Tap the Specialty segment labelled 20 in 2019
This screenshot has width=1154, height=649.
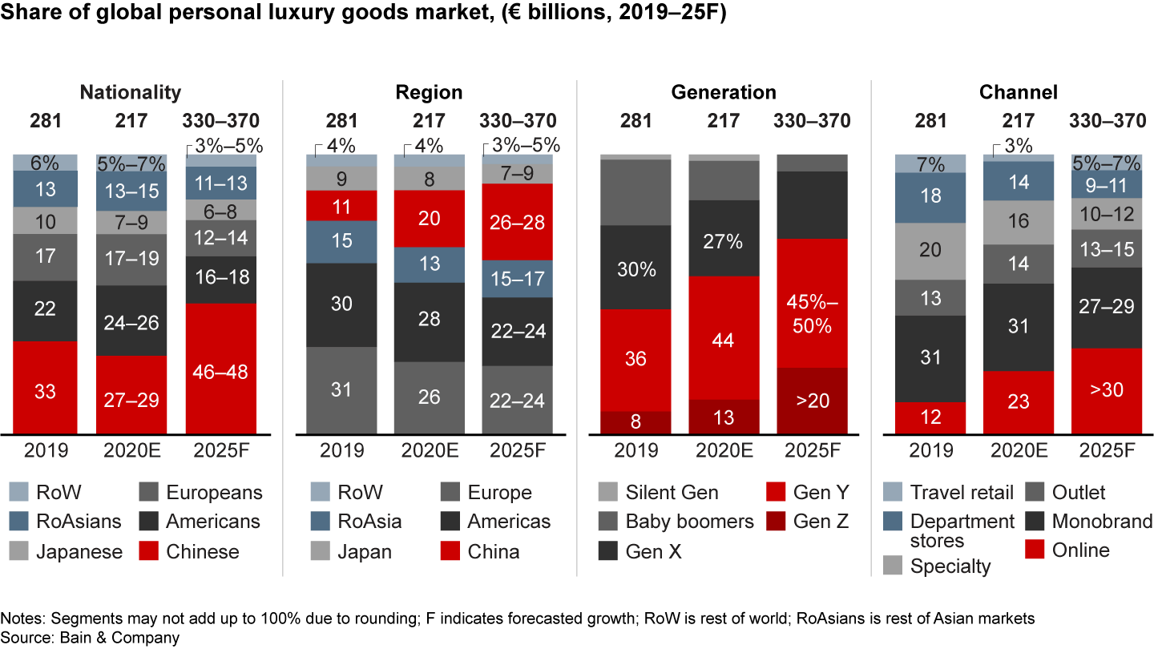930,251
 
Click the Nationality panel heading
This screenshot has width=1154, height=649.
131,92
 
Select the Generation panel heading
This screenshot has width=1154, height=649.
724,92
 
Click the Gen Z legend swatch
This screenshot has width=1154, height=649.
776,522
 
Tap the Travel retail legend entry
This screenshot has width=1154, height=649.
962,493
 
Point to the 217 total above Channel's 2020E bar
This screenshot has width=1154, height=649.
1019,121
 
